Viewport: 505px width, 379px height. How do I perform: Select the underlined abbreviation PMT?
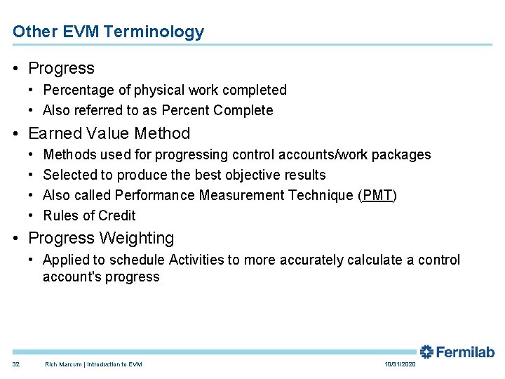377,195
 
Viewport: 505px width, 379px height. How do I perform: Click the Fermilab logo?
457,352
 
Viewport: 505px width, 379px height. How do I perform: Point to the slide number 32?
16,364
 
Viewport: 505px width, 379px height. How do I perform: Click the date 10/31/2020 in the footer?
400,364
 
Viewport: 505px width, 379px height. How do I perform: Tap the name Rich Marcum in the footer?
64,364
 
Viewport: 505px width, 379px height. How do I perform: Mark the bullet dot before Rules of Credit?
32,215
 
